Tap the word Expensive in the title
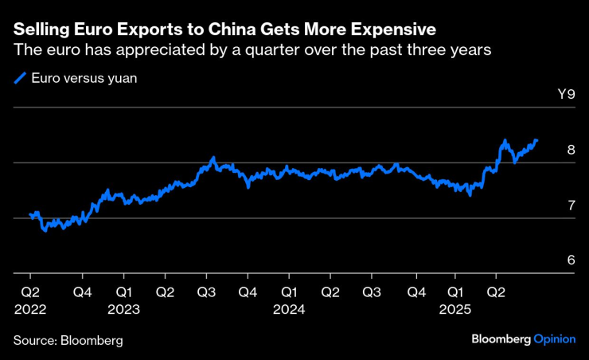[x=388, y=30]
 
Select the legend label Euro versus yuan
[x=79, y=78]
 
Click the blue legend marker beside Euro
[x=20, y=78]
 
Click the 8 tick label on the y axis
[x=570, y=150]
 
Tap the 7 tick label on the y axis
[x=570, y=205]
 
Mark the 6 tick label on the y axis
[x=570, y=260]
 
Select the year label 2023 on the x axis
[x=124, y=309]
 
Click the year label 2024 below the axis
[x=289, y=309]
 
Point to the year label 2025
[x=454, y=309]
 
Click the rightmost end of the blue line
[x=537, y=141]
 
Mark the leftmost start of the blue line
[x=29, y=214]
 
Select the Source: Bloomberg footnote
[x=68, y=341]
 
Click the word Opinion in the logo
[x=554, y=338]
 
